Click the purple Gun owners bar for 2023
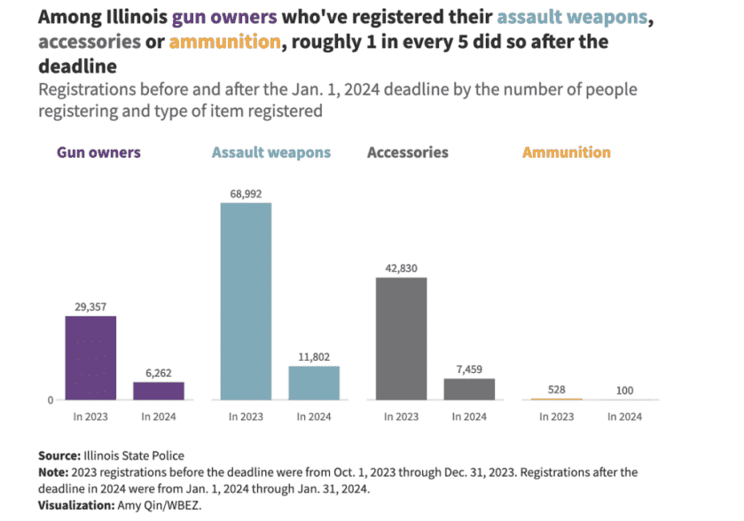(90, 358)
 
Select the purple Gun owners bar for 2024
(159, 391)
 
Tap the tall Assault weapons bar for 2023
(246, 301)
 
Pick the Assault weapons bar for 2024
(314, 383)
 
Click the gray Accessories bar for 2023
(401, 338)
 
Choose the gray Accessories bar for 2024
(469, 389)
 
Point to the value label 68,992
(246, 193)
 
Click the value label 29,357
(90, 306)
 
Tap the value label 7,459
(469, 369)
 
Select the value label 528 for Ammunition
(556, 388)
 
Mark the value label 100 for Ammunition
(624, 389)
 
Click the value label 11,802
(314, 356)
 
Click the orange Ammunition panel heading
(566, 152)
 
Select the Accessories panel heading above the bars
(407, 152)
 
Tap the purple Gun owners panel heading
(98, 152)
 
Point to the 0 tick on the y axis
(50, 400)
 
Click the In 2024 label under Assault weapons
(314, 416)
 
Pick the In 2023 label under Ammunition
(556, 416)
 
